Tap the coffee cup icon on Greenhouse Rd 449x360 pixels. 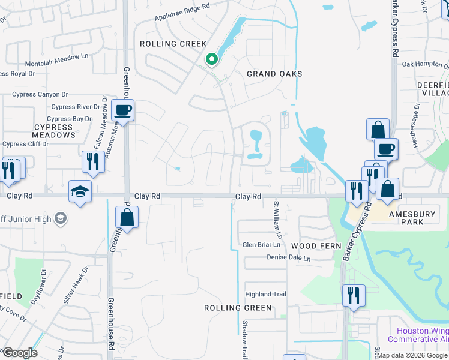tap(123, 111)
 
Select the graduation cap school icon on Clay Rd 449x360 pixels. tap(80, 191)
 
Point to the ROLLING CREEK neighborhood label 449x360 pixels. tap(173, 44)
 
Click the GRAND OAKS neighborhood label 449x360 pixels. tap(274, 74)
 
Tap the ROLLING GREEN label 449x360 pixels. tap(238, 308)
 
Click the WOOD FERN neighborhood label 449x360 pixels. tap(316, 246)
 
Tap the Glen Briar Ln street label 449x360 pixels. tap(261, 245)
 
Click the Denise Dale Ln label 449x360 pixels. tap(289, 259)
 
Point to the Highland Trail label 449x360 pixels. tap(265, 294)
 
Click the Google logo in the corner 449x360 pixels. tap(19, 352)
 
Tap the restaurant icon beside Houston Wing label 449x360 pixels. tap(352, 295)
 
